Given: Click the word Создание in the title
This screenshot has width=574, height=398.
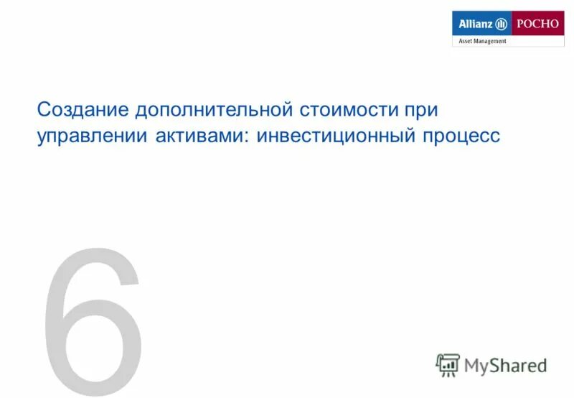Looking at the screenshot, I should [x=81, y=111].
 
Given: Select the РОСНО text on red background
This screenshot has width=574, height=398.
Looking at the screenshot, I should [x=537, y=24].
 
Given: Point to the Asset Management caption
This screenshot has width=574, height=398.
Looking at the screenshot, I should [x=482, y=41].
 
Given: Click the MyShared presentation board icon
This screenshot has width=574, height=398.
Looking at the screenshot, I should [x=448, y=365].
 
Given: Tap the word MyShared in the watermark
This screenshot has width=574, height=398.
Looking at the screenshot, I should [x=505, y=366].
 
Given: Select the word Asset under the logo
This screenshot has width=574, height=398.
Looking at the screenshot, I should [x=466, y=41].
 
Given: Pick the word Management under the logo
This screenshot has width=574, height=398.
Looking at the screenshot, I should [x=490, y=41].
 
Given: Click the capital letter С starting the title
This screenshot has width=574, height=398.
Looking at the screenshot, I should [x=44, y=111].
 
